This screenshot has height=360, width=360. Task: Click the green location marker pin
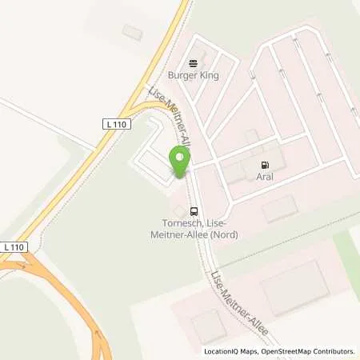[x=180, y=162]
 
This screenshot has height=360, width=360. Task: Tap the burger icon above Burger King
[x=192, y=63]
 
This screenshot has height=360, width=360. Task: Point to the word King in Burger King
[x=209, y=75]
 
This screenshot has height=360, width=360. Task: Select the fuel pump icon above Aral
[x=263, y=165]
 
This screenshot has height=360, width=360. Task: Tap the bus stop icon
[x=193, y=211]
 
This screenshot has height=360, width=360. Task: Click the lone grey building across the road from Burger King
[x=131, y=30]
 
